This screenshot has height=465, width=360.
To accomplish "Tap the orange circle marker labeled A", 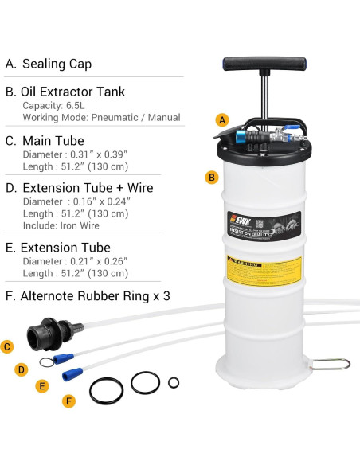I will (x=222, y=120).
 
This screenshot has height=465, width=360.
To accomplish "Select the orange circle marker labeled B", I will (x=211, y=178).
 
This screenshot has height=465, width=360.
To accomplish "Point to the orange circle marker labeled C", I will (x=7, y=346).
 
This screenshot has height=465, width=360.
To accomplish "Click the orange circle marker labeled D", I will (x=22, y=369).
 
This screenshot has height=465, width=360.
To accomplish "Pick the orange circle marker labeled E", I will (x=42, y=385).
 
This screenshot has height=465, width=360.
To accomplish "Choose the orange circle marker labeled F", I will (x=69, y=401).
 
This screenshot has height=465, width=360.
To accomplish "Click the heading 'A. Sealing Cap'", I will (x=49, y=64).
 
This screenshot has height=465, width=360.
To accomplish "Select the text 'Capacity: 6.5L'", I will (x=57, y=104).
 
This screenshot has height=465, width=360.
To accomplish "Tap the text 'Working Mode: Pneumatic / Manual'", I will (x=101, y=118).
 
